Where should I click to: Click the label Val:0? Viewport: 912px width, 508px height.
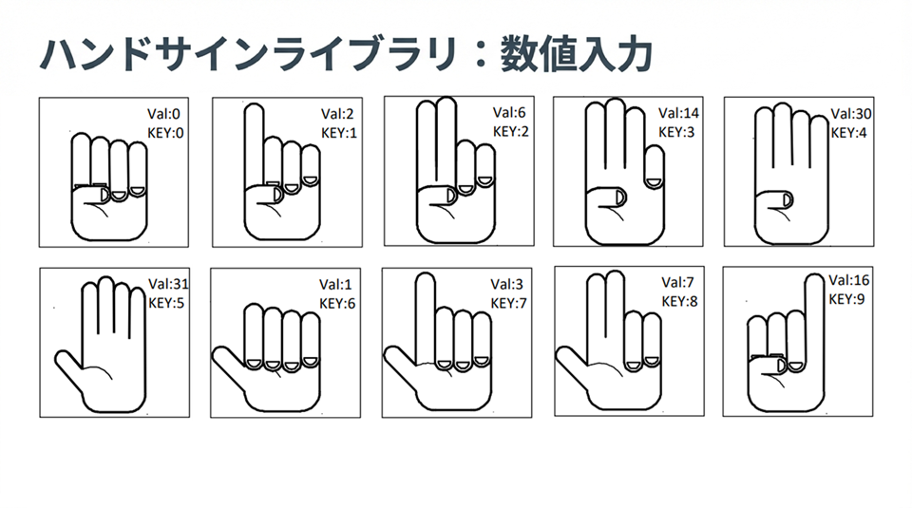(x=163, y=114)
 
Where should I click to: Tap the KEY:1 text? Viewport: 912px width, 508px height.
(x=339, y=133)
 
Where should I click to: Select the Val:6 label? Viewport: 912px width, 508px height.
(x=509, y=113)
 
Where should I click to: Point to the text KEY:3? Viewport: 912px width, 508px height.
(x=676, y=132)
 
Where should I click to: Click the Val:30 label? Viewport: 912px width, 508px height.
(x=851, y=113)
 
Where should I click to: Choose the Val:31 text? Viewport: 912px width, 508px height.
(x=169, y=284)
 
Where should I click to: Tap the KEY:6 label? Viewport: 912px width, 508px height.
(x=337, y=304)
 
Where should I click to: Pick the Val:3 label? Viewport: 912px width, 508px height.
(x=506, y=284)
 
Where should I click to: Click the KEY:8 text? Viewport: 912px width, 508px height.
(x=679, y=302)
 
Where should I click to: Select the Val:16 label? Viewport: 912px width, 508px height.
(x=849, y=280)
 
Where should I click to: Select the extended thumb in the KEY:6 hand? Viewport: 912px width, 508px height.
(x=228, y=367)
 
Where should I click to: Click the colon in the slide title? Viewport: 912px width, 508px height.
(x=480, y=56)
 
